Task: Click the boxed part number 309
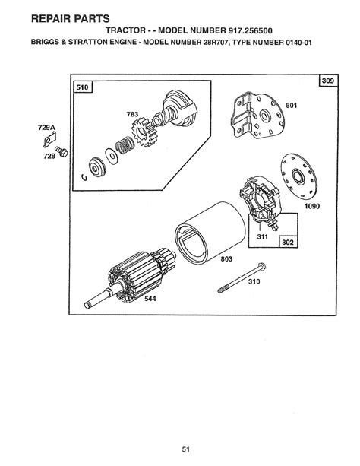tap(328, 81)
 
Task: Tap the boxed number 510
tap(82, 87)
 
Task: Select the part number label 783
tap(132, 114)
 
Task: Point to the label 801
tap(291, 105)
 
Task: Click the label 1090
tap(312, 206)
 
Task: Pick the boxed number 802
tap(288, 242)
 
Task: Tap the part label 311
tap(262, 236)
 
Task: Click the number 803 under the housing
tap(226, 259)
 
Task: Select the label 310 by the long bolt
tap(254, 281)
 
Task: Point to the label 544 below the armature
tap(150, 299)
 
